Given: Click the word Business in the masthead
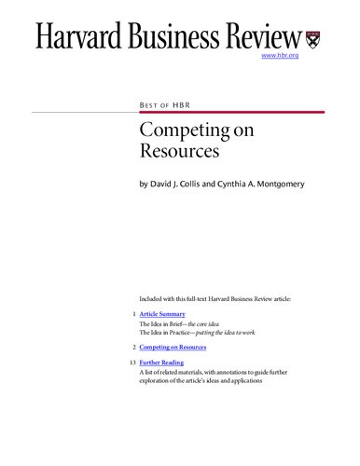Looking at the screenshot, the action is coord(182,37).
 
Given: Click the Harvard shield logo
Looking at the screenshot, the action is coord(315,38).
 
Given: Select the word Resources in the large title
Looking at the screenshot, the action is coord(174,150).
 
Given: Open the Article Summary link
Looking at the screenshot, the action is coord(161,315).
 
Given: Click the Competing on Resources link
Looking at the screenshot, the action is coord(173,346).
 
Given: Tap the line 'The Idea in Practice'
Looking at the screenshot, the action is coord(186,332).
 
